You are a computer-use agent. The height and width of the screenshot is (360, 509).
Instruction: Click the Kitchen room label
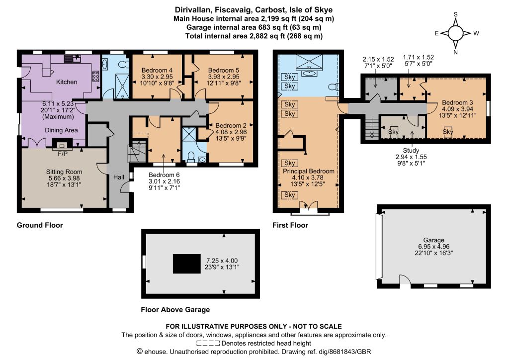pos(67,82)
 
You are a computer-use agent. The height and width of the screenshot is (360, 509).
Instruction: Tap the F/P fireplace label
pos(63,154)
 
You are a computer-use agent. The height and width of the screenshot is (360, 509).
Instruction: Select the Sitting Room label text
pos(64,172)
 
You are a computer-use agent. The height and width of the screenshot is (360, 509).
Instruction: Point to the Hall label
pos(118,177)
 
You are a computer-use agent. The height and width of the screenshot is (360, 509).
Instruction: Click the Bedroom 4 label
pos(157,70)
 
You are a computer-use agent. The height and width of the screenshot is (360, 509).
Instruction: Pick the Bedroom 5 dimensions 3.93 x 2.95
pos(223,77)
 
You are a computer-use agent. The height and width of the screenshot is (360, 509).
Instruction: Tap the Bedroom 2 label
pos(231,126)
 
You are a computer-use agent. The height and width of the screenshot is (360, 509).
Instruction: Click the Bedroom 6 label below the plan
pos(164,175)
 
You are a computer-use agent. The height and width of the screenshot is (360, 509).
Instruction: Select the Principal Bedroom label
pos(308,171)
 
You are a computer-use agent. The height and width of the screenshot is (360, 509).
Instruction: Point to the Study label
pos(411,150)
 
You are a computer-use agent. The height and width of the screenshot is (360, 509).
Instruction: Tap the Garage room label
pos(433,240)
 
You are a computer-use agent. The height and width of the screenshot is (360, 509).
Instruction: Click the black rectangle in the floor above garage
pos(187,264)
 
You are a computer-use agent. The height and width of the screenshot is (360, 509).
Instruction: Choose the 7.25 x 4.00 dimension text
pos(222,261)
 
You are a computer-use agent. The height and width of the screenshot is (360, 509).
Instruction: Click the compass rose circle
pos(456,33)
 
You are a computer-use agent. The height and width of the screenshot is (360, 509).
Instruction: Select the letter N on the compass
pos(455,52)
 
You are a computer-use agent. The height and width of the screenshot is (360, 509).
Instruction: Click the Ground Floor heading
pos(40,225)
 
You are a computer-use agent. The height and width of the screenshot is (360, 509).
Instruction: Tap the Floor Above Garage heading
pos(175,310)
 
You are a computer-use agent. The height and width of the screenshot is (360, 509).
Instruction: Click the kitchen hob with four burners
pos(96,76)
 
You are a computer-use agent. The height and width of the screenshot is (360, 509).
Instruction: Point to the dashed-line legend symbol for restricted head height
pos(208,343)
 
